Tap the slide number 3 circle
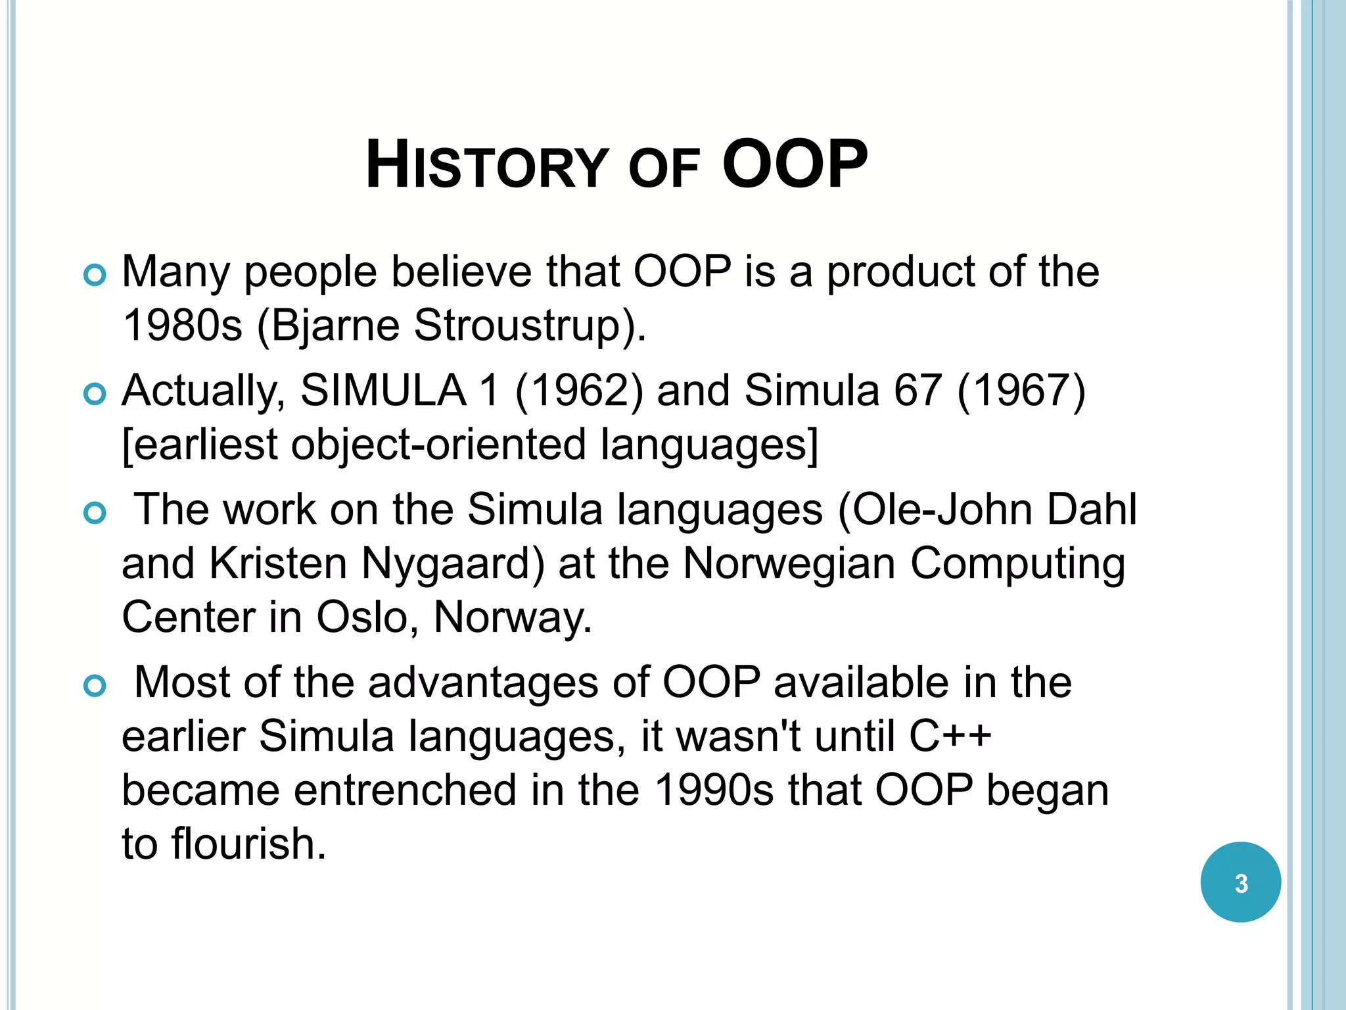coord(1240,882)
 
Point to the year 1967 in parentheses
coord(1021,391)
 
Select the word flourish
coord(248,844)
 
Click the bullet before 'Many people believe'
coord(95,276)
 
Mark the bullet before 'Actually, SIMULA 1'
coord(95,395)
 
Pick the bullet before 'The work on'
coord(95,514)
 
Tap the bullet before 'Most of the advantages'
coord(95,686)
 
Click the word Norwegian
coord(789,564)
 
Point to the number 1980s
coord(182,325)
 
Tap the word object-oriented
coord(438,445)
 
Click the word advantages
coord(483,683)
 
